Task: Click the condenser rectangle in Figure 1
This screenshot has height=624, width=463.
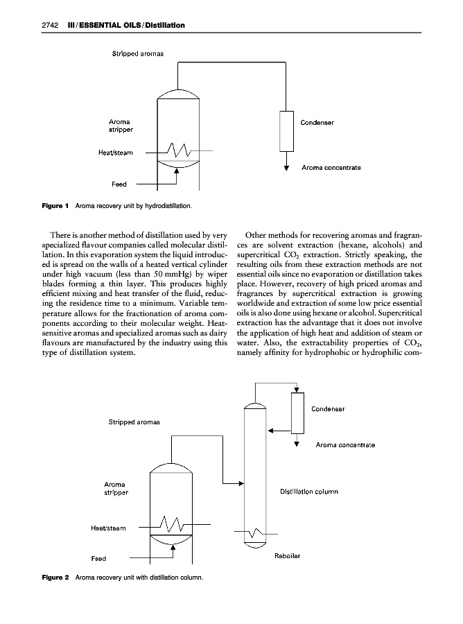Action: (286, 130)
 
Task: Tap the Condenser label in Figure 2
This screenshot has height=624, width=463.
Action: (329, 408)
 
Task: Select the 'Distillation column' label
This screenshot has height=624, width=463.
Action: (308, 492)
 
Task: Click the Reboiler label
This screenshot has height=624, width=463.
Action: (288, 555)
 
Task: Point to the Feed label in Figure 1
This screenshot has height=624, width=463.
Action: (119, 184)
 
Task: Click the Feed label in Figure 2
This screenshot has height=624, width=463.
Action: (99, 559)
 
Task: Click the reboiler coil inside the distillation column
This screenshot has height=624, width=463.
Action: (256, 533)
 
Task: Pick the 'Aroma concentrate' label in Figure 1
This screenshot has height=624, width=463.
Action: (331, 168)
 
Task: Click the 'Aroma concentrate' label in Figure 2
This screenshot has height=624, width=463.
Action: (345, 444)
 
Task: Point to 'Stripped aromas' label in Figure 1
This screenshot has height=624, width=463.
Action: (138, 53)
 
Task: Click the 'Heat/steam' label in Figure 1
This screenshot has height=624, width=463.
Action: (125, 152)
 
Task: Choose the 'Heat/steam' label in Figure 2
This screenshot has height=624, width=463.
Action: (109, 528)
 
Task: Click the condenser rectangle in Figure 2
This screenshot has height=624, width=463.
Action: (297, 411)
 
